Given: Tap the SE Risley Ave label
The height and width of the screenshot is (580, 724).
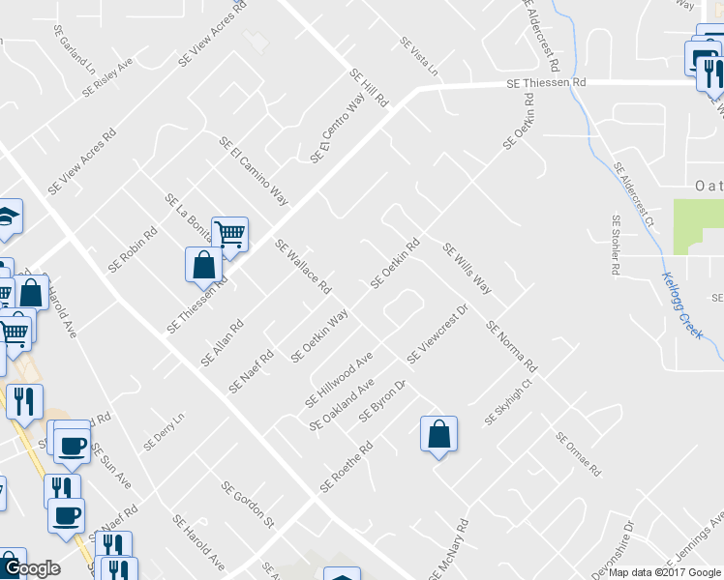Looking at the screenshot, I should coord(107,75).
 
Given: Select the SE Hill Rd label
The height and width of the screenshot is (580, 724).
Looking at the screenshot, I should coord(369,88).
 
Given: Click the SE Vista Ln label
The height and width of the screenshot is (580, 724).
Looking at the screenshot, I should coord(419,57).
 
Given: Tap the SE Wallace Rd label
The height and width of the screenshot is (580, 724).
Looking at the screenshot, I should coord(304,267).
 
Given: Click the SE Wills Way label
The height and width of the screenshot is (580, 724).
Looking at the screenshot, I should coord(468,269).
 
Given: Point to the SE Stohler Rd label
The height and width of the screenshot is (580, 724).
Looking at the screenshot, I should coord(615,246).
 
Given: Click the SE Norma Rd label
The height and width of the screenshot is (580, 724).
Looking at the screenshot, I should coord(512,348).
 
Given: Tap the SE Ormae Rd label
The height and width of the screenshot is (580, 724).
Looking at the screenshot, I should coord(579,454).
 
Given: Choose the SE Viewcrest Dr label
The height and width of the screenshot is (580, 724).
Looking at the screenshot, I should coord(437,334).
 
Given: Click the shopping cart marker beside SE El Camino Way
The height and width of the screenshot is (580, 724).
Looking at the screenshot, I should coord(230,233).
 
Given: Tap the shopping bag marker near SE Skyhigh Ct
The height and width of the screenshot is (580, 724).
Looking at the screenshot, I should coord(438,433).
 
